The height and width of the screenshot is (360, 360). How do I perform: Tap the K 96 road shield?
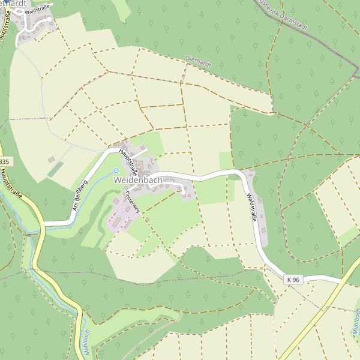293,279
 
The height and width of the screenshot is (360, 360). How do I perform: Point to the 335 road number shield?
4,162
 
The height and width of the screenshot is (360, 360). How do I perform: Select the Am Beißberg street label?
80,196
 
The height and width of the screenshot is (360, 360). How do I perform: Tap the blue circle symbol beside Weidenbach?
116,171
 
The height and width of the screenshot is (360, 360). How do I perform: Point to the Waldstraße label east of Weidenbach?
251,207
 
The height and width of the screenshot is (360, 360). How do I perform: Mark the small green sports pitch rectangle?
55,170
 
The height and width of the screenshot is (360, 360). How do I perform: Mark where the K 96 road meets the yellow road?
343,281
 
